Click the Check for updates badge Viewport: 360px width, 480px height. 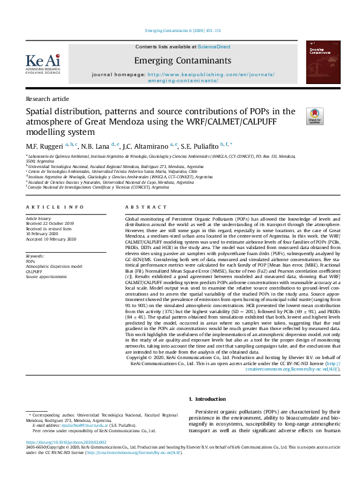[315, 116]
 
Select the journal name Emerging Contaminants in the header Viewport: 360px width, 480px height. [182, 60]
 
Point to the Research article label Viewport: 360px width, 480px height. [46, 98]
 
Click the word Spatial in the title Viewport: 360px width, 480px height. [40, 111]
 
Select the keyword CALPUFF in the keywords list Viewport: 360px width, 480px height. [34, 271]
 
